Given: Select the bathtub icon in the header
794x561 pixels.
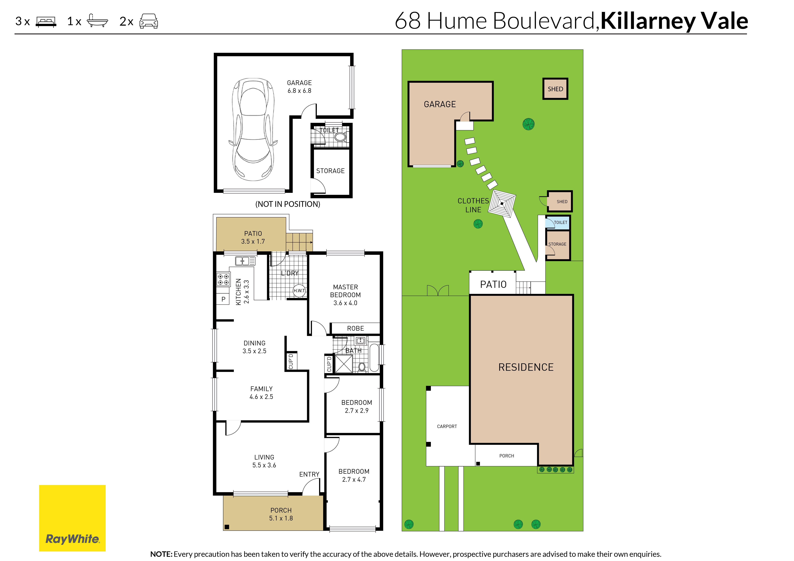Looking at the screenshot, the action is (x=97, y=21).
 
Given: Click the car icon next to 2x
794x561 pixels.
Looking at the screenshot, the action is (x=149, y=21).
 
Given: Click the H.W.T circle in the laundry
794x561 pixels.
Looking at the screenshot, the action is (x=299, y=290).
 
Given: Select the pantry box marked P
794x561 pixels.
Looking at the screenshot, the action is (x=223, y=299).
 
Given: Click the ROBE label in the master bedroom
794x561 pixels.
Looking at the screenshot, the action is (x=355, y=328).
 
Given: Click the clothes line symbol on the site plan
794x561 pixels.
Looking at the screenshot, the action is (x=502, y=204).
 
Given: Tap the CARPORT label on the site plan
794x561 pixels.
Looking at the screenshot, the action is (x=447, y=427).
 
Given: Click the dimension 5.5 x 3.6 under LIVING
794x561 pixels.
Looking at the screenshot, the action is (x=264, y=465).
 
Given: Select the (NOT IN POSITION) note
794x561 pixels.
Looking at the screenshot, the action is (x=288, y=204).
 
